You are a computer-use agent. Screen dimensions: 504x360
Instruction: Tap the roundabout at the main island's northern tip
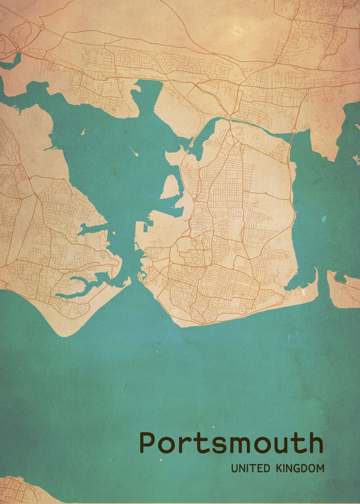(x=229, y=116)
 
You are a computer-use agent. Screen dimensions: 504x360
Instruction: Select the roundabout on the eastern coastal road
(x=294, y=131)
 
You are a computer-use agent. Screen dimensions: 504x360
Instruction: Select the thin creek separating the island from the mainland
(x=260, y=126)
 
